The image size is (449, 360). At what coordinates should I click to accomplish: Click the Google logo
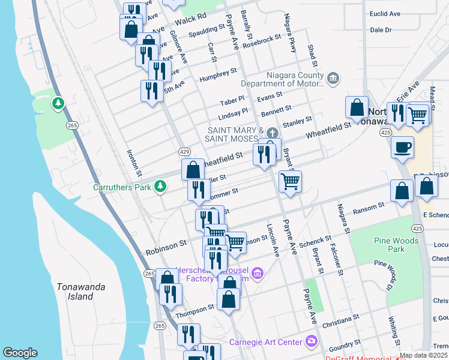click(x=20, y=353)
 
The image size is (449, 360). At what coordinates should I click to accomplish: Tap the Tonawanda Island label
click(x=76, y=292)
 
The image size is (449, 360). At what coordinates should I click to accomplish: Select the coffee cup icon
click(x=402, y=147)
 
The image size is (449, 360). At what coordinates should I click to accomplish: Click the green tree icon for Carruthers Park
click(x=160, y=187)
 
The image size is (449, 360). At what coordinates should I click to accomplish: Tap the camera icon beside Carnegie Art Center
click(x=312, y=342)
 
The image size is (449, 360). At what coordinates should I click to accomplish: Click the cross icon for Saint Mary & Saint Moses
click(x=273, y=133)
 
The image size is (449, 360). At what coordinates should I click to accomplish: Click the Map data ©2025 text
click(x=423, y=355)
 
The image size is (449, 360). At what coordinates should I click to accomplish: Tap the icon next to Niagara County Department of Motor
click(x=333, y=78)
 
